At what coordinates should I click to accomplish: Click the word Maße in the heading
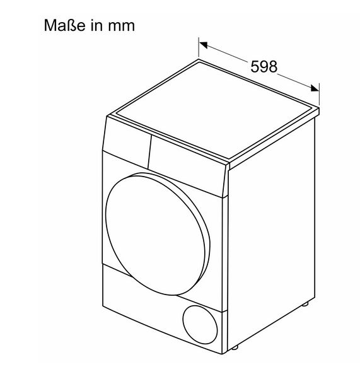pyautogui.click(x=64, y=25)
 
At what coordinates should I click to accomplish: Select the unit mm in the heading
pyautogui.click(x=121, y=26)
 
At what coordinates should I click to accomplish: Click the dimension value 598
pyautogui.click(x=264, y=66)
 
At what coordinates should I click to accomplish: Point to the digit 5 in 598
pyautogui.click(x=255, y=66)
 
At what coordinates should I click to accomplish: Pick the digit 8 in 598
pyautogui.click(x=273, y=66)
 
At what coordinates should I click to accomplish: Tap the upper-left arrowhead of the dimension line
pyautogui.click(x=203, y=45)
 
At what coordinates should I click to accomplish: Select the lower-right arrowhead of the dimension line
pyautogui.click(x=315, y=88)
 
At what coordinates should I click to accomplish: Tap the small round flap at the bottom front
pyautogui.click(x=200, y=324)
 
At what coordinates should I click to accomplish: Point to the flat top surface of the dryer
pyautogui.click(x=216, y=110)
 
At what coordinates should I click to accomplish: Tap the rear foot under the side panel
pyautogui.click(x=305, y=304)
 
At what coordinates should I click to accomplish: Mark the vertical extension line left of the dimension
pyautogui.click(x=199, y=47)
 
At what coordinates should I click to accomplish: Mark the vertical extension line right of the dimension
pyautogui.click(x=319, y=94)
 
